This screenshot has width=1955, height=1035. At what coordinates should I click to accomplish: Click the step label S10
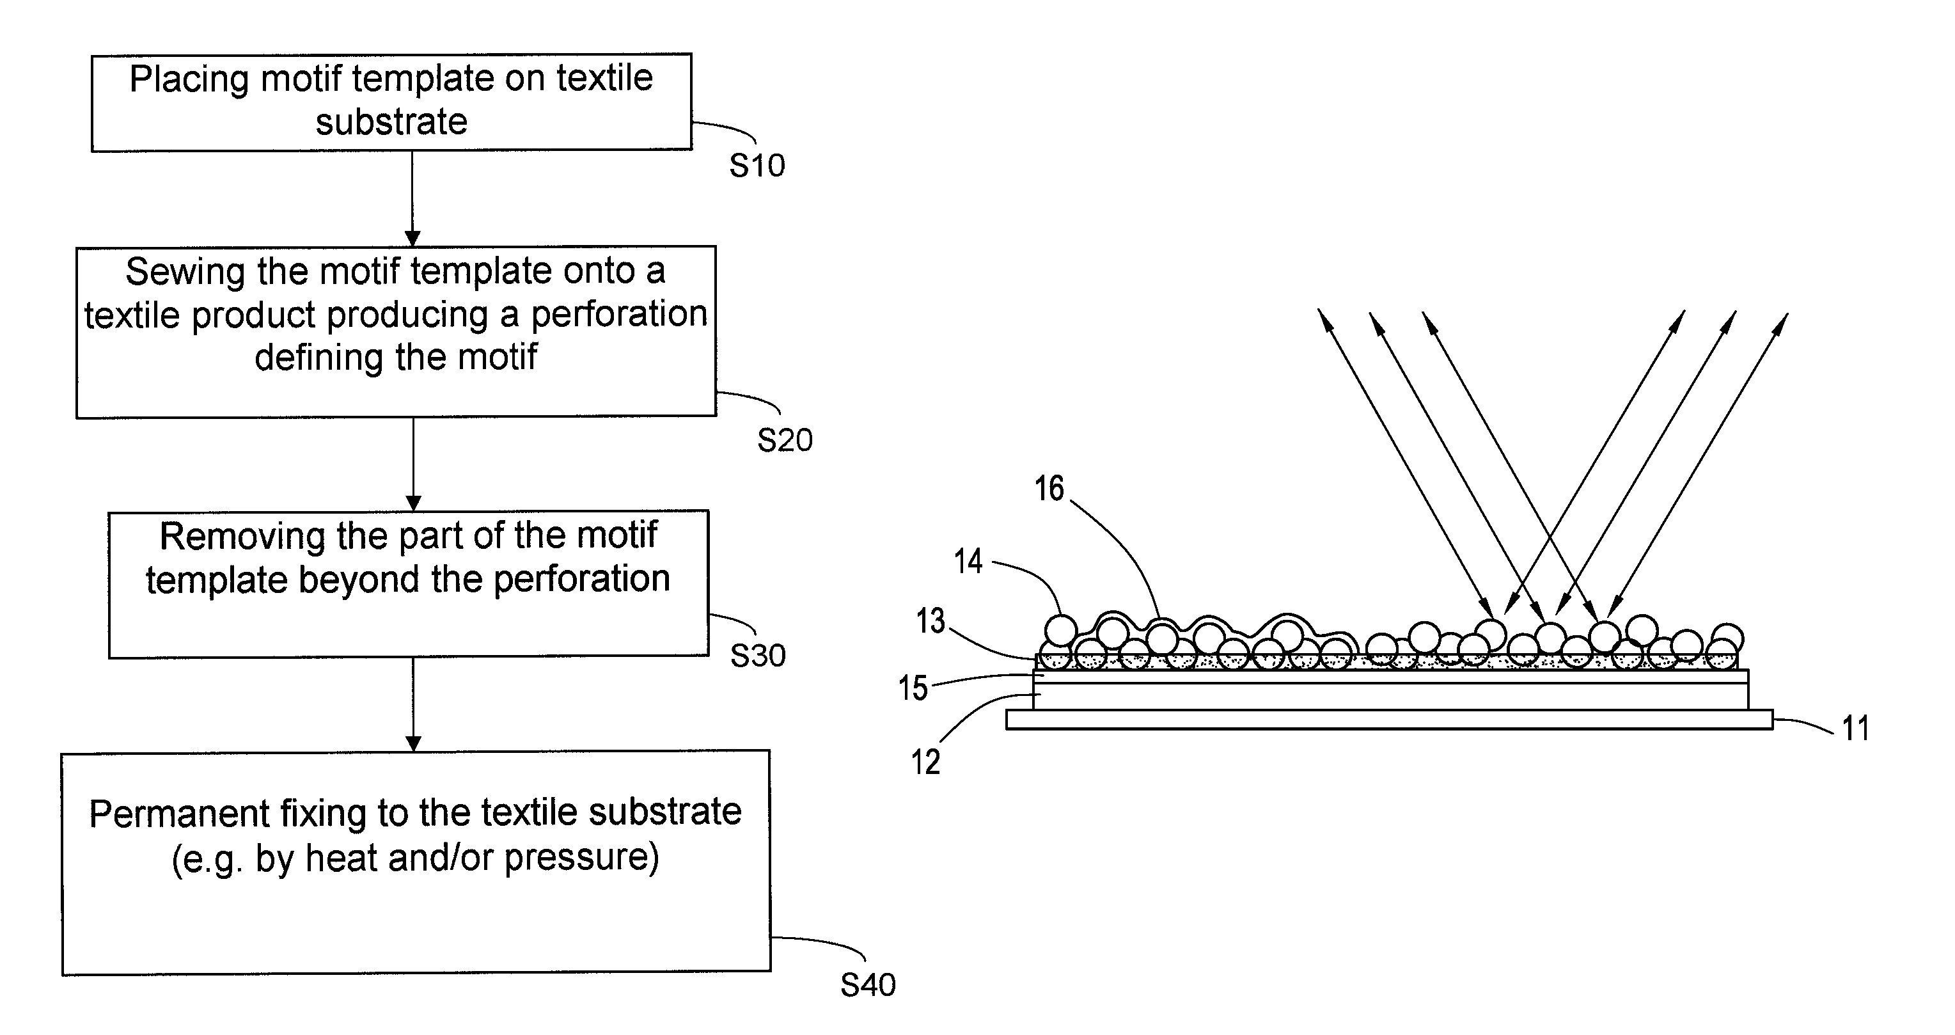click(x=757, y=166)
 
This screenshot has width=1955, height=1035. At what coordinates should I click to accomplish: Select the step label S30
click(x=757, y=655)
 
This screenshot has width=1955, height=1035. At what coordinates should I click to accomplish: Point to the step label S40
click(x=867, y=985)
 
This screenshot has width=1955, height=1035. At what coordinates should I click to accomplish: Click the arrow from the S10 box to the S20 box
click(x=412, y=199)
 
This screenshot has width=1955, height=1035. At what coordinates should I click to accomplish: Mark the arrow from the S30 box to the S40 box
click(x=413, y=704)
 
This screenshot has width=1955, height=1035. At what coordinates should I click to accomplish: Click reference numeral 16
click(x=1049, y=488)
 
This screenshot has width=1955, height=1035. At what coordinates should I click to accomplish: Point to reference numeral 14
click(x=968, y=561)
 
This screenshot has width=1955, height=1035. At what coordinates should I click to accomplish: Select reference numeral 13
click(x=930, y=620)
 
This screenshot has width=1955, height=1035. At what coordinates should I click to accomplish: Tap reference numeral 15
click(x=913, y=688)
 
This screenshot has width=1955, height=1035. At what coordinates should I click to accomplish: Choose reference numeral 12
click(x=926, y=762)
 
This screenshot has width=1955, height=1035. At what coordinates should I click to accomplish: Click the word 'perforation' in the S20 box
click(x=618, y=314)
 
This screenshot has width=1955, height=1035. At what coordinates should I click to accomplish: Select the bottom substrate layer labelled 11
click(x=1390, y=719)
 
